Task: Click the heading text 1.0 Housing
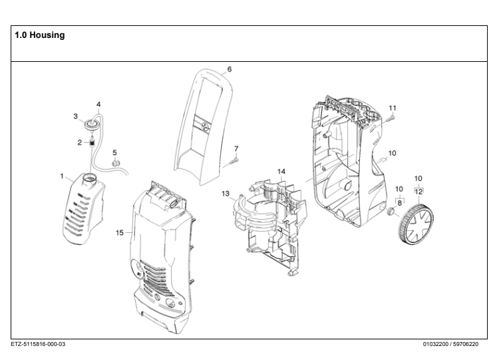point(40,35)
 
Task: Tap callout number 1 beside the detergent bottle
point(62,177)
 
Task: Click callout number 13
point(226,193)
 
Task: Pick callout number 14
point(281,172)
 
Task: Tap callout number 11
point(393,108)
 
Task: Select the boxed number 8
point(399,202)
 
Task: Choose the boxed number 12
point(418,191)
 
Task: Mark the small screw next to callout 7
point(233,159)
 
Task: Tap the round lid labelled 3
point(90,124)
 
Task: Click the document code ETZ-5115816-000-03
point(39,344)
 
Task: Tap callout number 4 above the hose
point(98,104)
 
